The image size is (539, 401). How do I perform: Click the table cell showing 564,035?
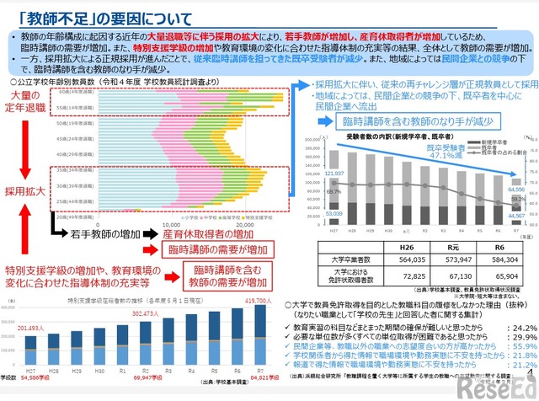tap(399, 260)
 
